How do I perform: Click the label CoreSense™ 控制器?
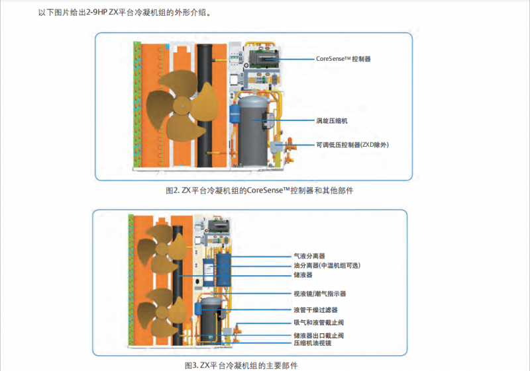coord(343,59)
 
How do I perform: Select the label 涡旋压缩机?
coord(331,121)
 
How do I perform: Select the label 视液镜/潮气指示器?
coord(319,293)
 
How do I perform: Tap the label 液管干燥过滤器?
coord(315,309)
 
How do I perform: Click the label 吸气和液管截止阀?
coord(318,322)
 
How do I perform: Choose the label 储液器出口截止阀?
coord(318,335)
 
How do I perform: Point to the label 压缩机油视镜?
coord(312,343)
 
